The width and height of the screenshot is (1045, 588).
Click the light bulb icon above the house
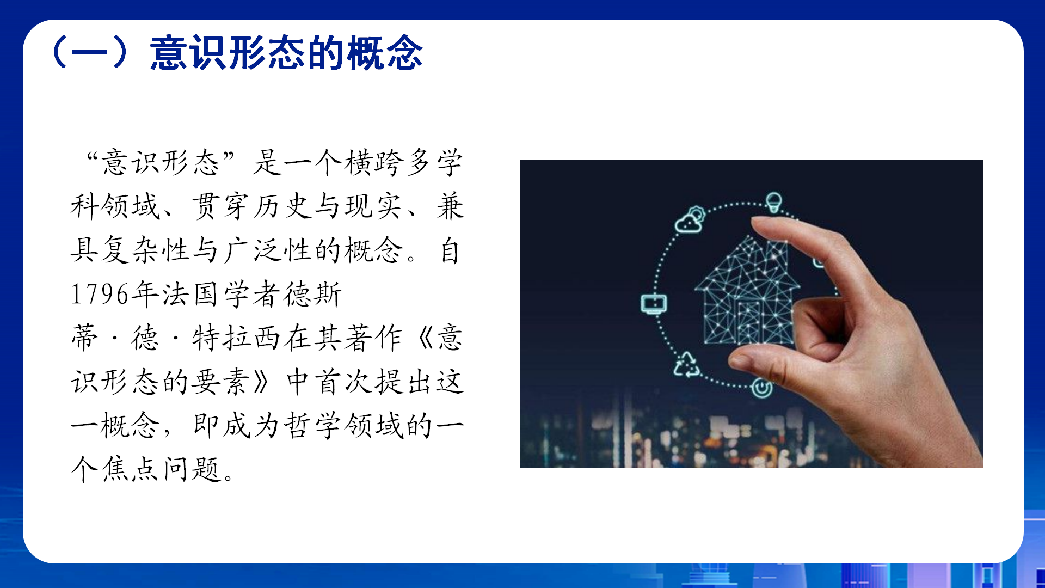773,202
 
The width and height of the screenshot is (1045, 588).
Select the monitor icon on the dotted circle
654,304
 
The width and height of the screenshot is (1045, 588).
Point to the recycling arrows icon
687,365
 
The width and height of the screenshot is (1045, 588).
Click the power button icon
761,388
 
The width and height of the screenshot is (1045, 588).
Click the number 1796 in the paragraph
100,295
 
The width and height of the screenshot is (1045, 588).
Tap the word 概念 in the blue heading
385,53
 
